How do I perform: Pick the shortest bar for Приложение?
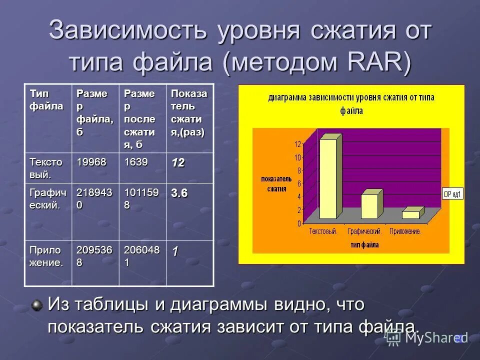click(411, 214)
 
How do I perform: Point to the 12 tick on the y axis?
click(297, 144)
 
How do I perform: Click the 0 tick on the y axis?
click(299, 223)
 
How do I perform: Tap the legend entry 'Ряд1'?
click(453, 193)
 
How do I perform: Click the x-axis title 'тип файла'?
click(364, 245)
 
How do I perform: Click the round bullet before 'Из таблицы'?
click(36, 304)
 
